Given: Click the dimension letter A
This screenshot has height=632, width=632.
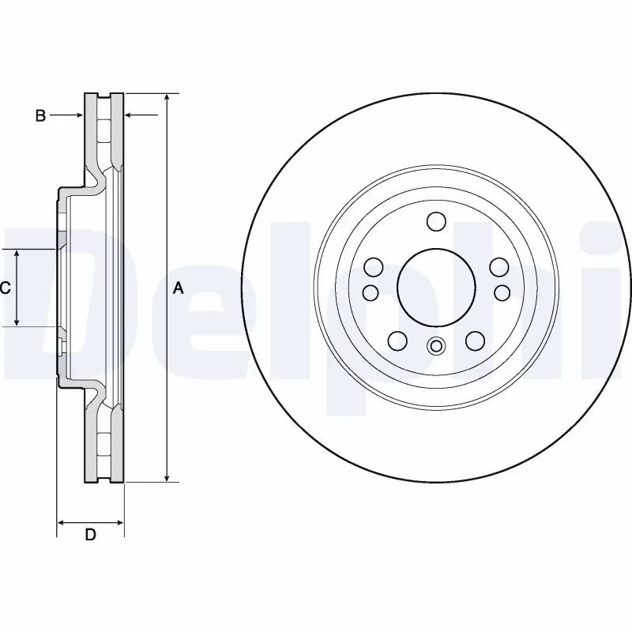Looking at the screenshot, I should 179,288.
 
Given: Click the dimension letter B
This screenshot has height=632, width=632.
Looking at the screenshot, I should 40,116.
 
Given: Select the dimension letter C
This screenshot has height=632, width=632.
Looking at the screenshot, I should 5,288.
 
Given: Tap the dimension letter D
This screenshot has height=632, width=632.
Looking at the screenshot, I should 91,535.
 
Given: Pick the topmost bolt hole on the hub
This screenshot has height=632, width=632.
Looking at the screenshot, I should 435,221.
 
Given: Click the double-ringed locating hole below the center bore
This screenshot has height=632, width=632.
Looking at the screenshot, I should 435,345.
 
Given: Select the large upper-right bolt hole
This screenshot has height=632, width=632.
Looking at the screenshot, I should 498,267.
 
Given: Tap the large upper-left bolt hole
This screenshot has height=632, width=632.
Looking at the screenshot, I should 372,267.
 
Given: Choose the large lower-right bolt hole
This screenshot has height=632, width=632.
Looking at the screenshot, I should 474,340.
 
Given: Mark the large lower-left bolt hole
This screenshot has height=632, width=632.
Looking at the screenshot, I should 397,340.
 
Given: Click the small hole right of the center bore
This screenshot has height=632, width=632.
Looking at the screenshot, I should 502,293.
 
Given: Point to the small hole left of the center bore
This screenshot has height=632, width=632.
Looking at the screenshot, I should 369,293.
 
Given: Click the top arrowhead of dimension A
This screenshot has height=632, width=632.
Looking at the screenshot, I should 167,97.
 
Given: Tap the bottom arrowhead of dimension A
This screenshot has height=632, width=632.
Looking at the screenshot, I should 167,477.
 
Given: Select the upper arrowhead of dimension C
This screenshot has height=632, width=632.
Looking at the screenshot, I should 18,252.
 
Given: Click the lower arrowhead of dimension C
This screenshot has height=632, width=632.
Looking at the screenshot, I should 18,322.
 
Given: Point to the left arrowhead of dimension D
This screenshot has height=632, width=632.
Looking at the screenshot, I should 62,522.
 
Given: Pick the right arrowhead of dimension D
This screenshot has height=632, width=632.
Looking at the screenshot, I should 120,522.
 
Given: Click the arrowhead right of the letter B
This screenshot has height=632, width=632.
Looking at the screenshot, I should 79,116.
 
